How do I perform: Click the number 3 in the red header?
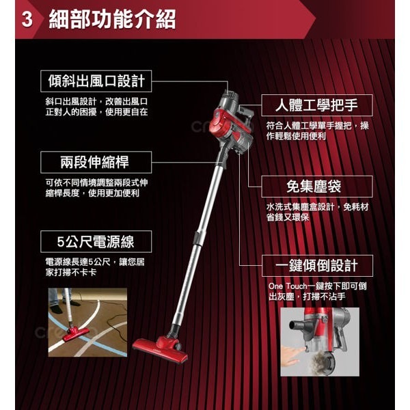[28, 19]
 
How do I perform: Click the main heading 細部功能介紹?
[113, 19]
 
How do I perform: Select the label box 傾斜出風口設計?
[96, 81]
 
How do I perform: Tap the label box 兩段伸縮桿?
[95, 162]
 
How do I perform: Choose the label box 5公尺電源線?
[95, 242]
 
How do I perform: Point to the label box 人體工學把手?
[319, 106]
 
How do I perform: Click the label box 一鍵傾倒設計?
[318, 266]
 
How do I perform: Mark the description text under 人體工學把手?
[318, 131]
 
